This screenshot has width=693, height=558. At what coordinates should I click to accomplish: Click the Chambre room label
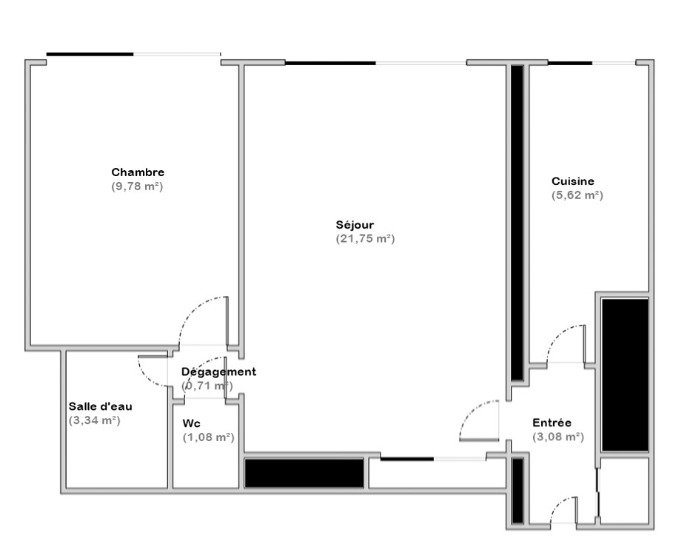pos(138,172)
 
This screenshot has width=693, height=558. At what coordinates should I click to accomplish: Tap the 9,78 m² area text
pos(138,186)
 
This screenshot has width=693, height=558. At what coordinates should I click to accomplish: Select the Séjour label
pos(355,224)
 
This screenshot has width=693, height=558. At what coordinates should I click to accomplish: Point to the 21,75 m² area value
pos(365,238)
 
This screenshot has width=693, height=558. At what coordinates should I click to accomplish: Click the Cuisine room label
pos(573,181)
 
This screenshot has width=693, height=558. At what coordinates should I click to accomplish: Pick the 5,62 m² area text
pos(577,195)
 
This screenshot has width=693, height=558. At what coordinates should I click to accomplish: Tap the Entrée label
pos(552,423)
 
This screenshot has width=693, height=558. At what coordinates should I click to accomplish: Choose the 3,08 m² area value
pos(558,437)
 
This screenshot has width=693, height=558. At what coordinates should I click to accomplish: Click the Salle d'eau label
pos(101,406)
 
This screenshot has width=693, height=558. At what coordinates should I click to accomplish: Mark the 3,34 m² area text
pos(95,420)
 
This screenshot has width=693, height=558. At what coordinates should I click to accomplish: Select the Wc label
pos(191,423)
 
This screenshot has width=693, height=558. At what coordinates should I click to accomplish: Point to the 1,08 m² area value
pos(209,437)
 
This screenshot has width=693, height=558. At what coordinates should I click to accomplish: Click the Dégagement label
pos(218,372)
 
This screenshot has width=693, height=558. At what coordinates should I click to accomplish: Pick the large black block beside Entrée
pos(625,374)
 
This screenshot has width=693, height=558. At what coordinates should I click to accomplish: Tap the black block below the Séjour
pos(304,473)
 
